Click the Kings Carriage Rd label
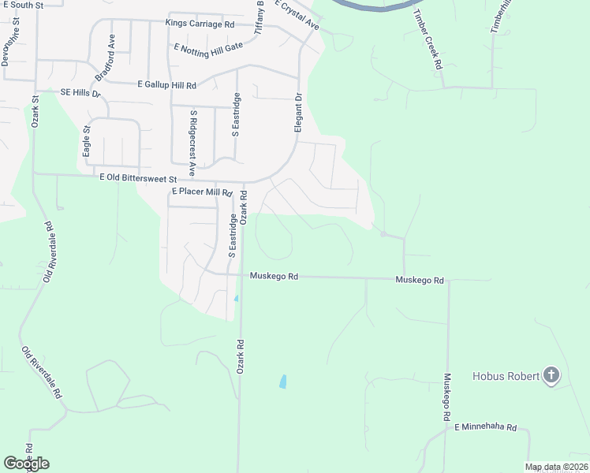[x=200, y=24]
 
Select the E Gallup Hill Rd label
[x=166, y=84]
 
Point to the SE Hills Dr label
[x=81, y=93]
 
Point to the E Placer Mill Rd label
[x=202, y=192]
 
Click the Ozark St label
[x=35, y=111]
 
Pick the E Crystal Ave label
[x=297, y=15]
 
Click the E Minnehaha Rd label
[x=485, y=426]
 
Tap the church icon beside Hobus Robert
[x=551, y=376]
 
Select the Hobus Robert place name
[x=506, y=376]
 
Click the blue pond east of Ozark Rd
[x=282, y=382]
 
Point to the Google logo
[x=26, y=463]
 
